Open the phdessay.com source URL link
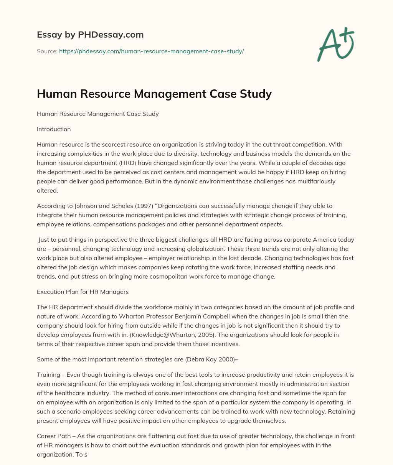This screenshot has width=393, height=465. [x=152, y=51]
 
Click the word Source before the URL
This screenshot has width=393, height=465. [x=47, y=51]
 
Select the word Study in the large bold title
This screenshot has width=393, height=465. [x=255, y=94]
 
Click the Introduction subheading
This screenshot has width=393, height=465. [x=54, y=129]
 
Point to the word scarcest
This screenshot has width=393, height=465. [x=107, y=145]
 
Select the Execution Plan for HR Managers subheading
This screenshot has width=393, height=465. [x=83, y=292]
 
